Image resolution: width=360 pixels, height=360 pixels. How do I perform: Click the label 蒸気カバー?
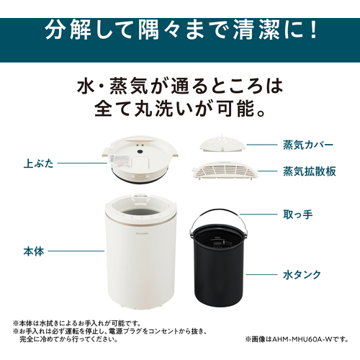pos(308,145)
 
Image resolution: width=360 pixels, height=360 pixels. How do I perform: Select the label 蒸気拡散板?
pos(310,171)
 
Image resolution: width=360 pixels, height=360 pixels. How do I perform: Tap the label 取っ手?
pos(298,215)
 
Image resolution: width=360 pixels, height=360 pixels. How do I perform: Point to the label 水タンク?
pos(302,274)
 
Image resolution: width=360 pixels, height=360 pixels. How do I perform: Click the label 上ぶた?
pos(38,163)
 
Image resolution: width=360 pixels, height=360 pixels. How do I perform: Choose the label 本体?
pos(34,251)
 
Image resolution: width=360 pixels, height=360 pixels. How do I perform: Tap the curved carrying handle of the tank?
pos(217,211)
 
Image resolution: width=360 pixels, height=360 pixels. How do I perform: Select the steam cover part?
pos(223,145)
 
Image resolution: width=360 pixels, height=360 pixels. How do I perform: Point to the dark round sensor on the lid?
pos(140,152)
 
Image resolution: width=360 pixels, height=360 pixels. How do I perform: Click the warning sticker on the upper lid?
pos(120,161)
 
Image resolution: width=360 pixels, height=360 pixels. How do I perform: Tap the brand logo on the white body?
pos(141,233)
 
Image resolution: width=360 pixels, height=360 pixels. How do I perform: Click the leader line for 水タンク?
pos(261,274)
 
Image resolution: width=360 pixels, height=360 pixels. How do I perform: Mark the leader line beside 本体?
pos(76,251)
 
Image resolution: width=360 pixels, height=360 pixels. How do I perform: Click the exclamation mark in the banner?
pos(312,30)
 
